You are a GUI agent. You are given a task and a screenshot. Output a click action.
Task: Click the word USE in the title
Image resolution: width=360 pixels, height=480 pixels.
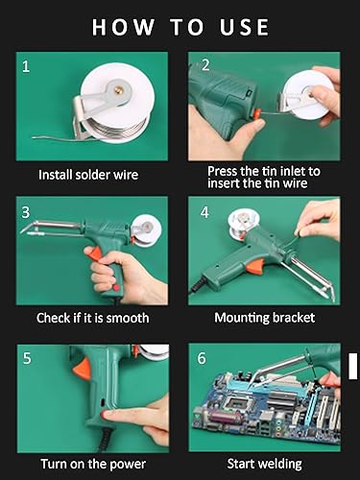click(244, 27)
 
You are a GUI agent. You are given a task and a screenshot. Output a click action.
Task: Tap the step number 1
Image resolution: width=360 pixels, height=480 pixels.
click(26, 66)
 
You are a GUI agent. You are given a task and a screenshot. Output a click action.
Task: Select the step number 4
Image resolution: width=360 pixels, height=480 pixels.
click(204, 212)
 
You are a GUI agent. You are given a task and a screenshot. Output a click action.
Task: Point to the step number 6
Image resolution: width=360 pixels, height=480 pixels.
click(202, 358)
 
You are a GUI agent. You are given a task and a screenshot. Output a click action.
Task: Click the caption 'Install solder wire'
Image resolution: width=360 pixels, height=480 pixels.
click(88, 175)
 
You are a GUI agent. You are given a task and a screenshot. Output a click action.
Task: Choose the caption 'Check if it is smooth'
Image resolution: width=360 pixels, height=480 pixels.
click(92, 318)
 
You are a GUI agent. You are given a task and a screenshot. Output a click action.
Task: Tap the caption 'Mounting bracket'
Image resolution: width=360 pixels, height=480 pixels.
click(265, 318)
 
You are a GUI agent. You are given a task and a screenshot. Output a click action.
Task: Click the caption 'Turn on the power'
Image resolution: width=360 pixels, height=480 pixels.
click(93, 464)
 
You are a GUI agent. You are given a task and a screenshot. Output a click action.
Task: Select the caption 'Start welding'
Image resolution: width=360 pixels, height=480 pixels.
click(265, 464)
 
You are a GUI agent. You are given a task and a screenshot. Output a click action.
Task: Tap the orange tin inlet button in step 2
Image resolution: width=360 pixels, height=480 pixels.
click(256, 114)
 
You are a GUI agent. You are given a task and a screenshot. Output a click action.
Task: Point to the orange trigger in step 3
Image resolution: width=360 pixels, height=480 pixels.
click(96, 254)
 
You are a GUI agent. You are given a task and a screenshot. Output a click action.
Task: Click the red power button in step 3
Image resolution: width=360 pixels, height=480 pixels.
click(116, 288)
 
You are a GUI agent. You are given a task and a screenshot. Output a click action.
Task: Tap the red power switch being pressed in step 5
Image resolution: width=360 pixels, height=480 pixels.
click(105, 415)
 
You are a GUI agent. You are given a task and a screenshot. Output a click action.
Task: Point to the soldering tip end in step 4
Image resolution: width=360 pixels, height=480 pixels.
click(333, 300)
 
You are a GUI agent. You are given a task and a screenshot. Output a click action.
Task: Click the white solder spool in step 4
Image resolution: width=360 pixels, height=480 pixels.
click(240, 223)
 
